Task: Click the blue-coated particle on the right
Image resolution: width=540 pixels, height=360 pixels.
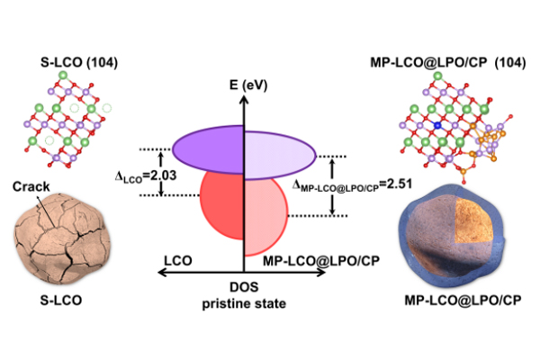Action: tap(450, 238)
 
